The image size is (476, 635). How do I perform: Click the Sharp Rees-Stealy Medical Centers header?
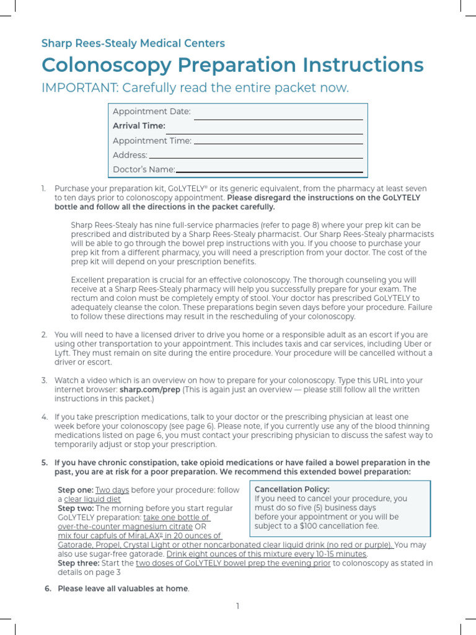pyautogui.click(x=133, y=43)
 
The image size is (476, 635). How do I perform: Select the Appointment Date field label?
pyautogui.click(x=152, y=112)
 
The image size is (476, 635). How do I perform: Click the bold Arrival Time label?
pyautogui.click(x=139, y=126)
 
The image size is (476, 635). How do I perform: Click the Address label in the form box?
pyautogui.click(x=130, y=155)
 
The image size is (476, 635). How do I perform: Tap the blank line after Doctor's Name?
pyautogui.click(x=270, y=171)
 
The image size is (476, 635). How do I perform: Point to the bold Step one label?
pyautogui.click(x=75, y=490)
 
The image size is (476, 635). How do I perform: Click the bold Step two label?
pyautogui.click(x=76, y=508)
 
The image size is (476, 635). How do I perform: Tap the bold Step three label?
pyautogui.click(x=79, y=563)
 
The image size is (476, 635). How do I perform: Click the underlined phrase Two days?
pyautogui.click(x=112, y=490)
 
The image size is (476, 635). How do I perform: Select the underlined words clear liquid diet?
pyautogui.click(x=92, y=499)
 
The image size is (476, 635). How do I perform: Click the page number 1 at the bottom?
pyautogui.click(x=237, y=606)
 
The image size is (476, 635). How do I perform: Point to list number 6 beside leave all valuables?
pyautogui.click(x=48, y=588)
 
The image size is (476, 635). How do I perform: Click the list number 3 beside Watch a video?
pyautogui.click(x=44, y=380)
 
